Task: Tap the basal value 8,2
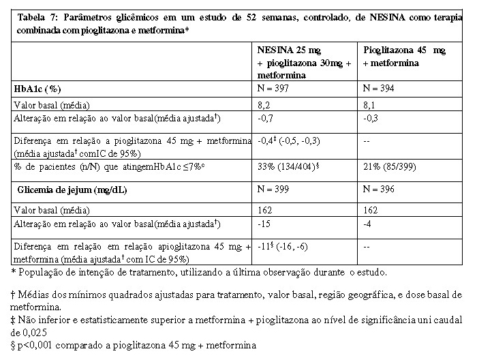click(264, 105)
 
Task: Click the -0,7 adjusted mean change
click(266, 118)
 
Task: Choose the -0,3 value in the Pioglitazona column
click(371, 118)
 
